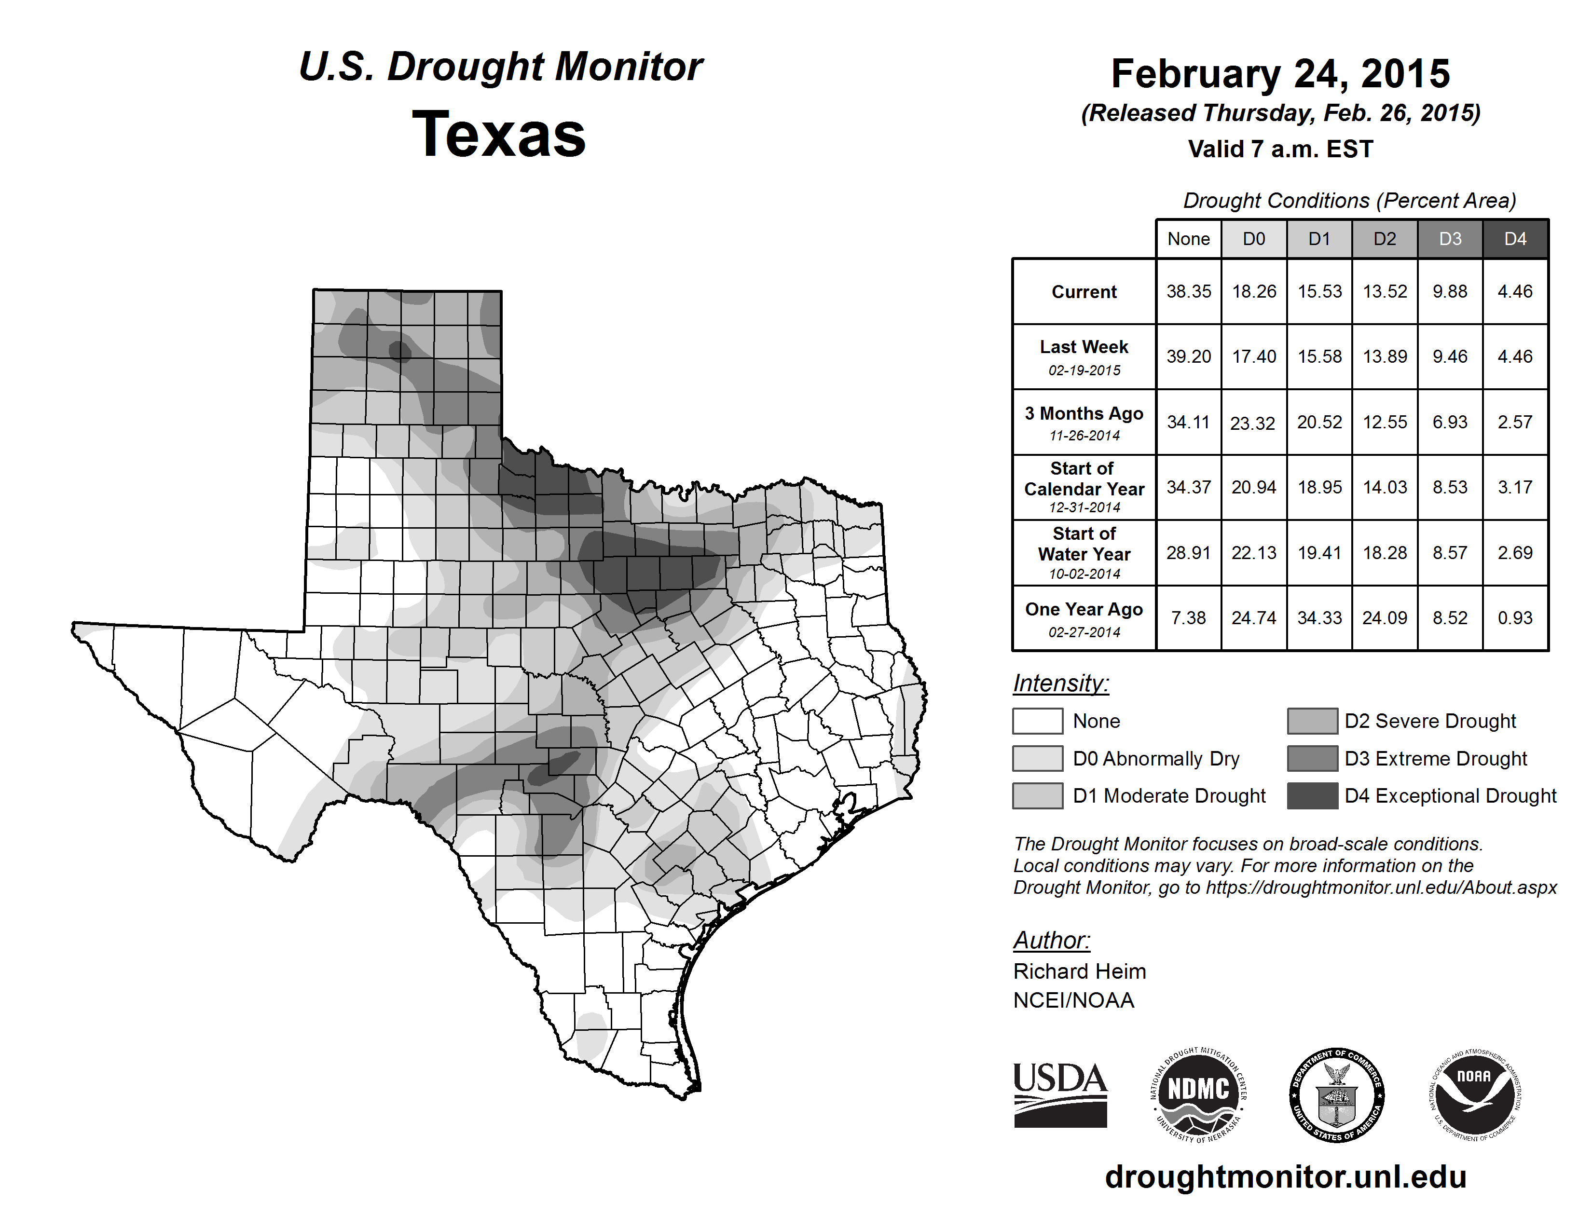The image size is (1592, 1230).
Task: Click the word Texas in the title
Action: coord(499,134)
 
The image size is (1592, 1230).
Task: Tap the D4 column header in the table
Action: coord(1515,239)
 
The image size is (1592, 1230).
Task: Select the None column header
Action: coord(1188,239)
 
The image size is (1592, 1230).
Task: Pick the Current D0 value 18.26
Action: coord(1254,291)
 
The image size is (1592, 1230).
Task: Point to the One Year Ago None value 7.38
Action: coord(1188,618)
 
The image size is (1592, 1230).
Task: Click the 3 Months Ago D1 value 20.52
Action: coord(1319,422)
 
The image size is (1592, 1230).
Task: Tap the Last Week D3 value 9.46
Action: coord(1450,357)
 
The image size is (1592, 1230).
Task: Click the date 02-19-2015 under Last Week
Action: coord(1084,370)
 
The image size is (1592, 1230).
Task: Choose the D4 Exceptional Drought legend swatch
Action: coord(1312,796)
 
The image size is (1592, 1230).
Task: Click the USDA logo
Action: coord(1060,1094)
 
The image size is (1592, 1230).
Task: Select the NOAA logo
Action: coord(1474,1094)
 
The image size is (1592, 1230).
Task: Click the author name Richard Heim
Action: coord(1079,971)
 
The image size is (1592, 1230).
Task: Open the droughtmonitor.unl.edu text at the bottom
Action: coord(1285,1177)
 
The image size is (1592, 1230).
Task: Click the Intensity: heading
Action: coord(1060,683)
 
